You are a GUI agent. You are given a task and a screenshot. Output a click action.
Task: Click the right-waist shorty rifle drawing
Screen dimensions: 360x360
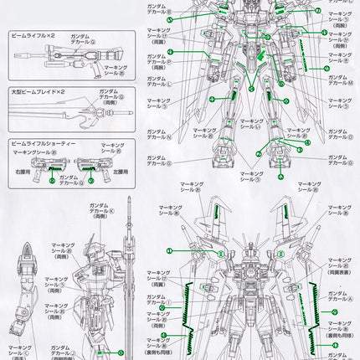pos(56,168)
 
